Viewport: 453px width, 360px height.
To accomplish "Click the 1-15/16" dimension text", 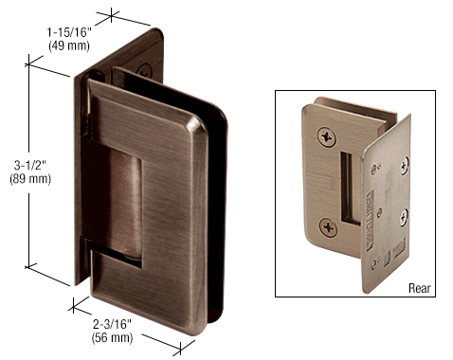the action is [x=69, y=32].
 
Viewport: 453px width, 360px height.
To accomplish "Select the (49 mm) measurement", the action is [x=69, y=45].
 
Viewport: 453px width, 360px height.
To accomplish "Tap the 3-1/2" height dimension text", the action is [x=30, y=165].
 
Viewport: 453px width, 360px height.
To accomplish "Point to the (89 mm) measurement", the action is [x=30, y=179].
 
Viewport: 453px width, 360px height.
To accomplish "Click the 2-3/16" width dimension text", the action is [x=112, y=324].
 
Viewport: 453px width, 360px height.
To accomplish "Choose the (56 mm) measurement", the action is [x=112, y=338].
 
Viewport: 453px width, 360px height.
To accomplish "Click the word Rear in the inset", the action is [x=420, y=288].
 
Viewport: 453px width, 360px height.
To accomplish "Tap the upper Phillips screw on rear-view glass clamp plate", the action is [x=327, y=137].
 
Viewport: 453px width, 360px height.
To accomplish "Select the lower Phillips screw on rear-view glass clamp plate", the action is [x=328, y=227].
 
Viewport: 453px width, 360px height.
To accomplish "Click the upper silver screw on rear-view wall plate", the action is [x=405, y=166].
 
